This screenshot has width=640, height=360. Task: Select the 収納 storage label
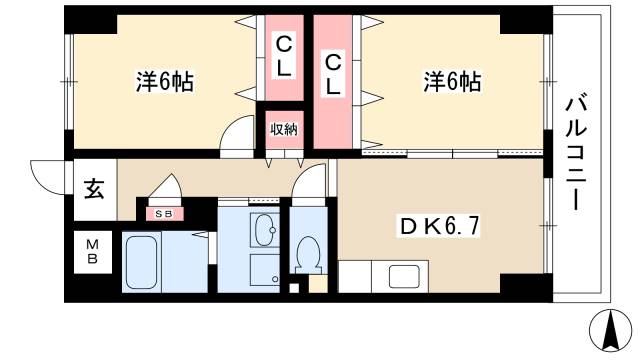(x=283, y=129)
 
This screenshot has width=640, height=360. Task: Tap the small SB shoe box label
(x=163, y=213)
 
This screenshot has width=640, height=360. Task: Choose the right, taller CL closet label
(x=333, y=73)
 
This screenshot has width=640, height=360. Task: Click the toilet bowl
(x=307, y=254)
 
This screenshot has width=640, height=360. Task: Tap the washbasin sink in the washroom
(x=265, y=233)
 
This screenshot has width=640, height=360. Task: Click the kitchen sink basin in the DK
(x=405, y=277)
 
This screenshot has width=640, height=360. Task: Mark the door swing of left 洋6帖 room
(x=238, y=132)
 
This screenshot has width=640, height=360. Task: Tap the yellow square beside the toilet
(x=316, y=283)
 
